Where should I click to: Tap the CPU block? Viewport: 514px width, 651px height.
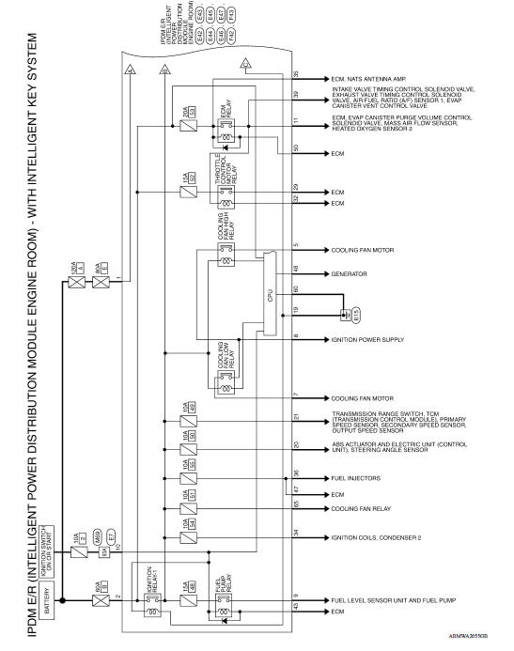tap(269, 295)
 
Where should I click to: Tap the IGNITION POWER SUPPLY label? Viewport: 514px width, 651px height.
tap(366, 339)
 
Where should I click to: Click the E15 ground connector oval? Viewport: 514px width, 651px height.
tap(344, 316)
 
